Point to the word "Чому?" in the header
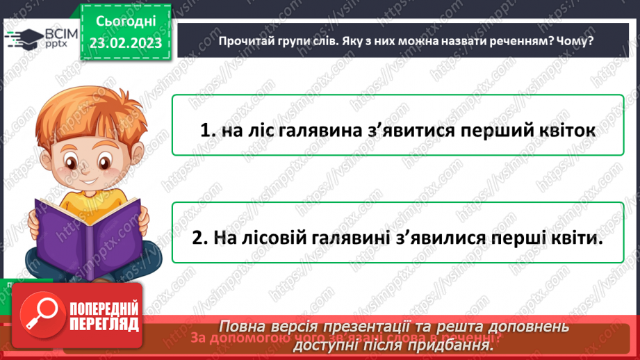(578, 41)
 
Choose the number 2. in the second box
(200, 238)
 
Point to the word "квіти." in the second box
(574, 238)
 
